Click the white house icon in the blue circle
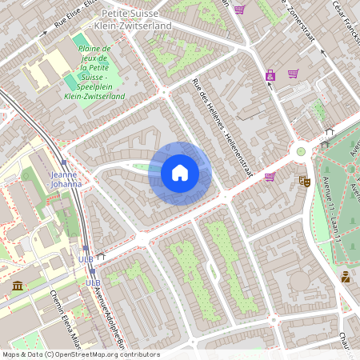pos(180,173)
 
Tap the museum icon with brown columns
pos(18,286)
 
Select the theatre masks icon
pos(304,182)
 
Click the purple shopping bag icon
pos(270,75)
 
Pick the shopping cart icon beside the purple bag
pos(293,74)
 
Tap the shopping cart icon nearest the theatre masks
pos(270,177)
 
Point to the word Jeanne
pos(62,174)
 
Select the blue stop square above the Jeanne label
pos(64,162)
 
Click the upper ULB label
pos(85,259)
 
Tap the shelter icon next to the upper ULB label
pos(101,257)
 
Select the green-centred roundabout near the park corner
pos(301,150)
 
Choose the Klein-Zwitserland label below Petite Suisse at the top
pos(133,26)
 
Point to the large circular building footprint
pos(299,281)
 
